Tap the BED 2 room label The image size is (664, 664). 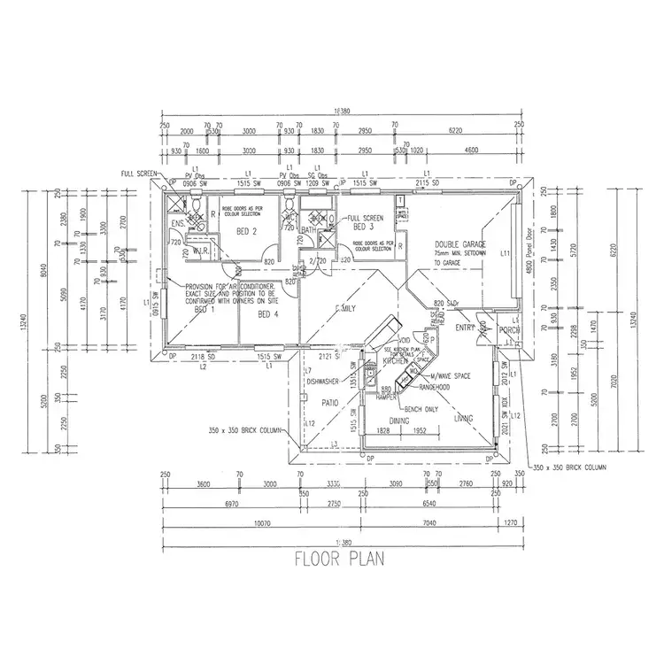click(247, 232)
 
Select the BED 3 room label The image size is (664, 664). click(362, 226)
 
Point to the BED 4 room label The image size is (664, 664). click(268, 314)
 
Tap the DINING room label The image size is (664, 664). click(399, 421)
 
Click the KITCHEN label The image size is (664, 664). click(396, 362)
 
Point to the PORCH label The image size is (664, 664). click(508, 331)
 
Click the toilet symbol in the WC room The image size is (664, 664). click(290, 215)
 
